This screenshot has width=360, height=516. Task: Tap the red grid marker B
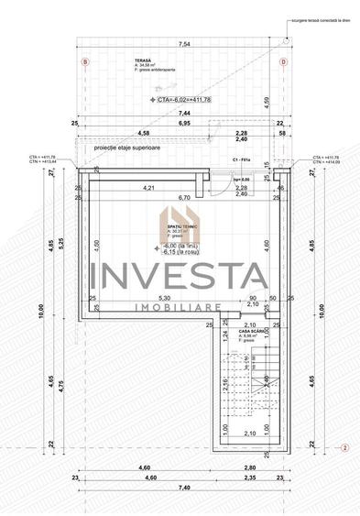click(85, 61)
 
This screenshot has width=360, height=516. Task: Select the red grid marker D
click(283, 61)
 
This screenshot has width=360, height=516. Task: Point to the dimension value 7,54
click(183, 43)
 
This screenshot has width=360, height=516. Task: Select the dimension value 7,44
click(183, 113)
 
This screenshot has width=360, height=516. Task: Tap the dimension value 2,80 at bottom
click(263, 468)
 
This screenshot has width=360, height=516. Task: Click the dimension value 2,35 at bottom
click(250, 478)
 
